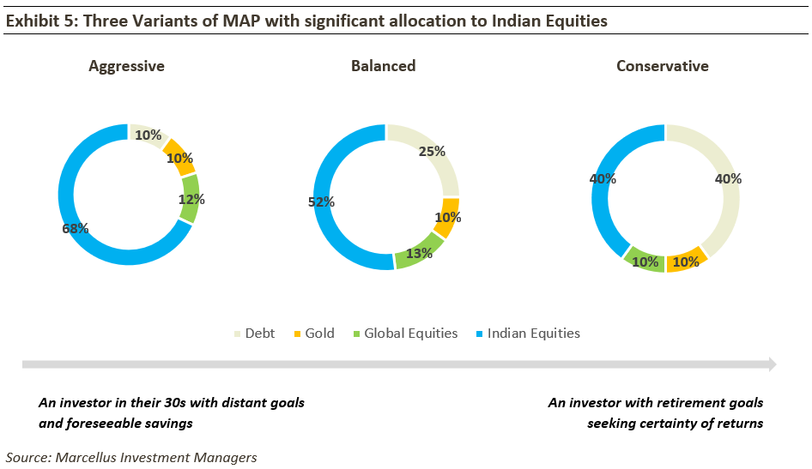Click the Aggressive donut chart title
[126, 66]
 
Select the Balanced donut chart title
[383, 66]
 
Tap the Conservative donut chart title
[663, 66]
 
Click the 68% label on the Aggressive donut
[76, 228]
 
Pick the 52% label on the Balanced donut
[321, 202]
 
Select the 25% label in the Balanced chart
[432, 152]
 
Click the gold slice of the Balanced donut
[447, 218]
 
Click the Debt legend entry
[254, 334]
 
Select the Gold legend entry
[314, 334]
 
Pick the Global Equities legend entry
[404, 334]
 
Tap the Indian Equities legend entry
[526, 334]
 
